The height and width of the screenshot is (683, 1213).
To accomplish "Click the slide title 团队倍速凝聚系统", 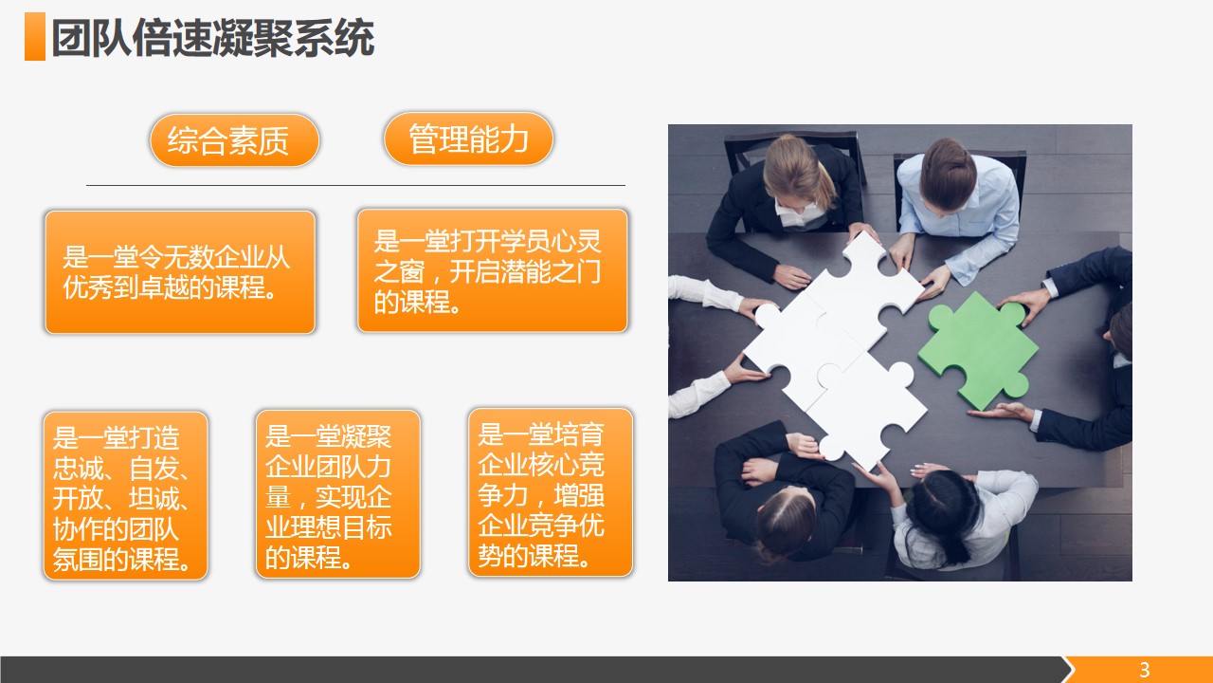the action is (x=213, y=38).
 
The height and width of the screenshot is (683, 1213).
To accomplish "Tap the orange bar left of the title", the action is (x=35, y=36).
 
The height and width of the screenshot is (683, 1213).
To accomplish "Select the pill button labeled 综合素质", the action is (x=234, y=140).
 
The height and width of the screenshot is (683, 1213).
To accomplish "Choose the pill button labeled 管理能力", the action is (x=468, y=138).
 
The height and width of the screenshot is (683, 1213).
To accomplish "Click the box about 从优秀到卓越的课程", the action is (x=180, y=272).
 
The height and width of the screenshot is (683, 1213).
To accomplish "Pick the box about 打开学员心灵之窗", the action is (x=492, y=270).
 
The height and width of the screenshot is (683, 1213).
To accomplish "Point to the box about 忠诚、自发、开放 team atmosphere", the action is (x=126, y=496).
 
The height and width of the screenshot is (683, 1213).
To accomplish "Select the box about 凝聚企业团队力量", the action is (x=338, y=494).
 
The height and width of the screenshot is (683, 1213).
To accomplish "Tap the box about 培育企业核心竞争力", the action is (x=551, y=492).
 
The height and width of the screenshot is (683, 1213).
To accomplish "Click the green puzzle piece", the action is (x=977, y=351).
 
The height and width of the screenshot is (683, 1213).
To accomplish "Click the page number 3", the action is (x=1144, y=670).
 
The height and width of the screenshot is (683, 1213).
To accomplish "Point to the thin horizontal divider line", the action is (x=355, y=185).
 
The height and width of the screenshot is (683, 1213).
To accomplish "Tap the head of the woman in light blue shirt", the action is (x=948, y=174).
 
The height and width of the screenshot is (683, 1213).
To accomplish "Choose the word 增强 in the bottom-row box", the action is (x=579, y=495).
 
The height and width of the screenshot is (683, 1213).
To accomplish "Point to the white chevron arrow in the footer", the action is (x=1068, y=670).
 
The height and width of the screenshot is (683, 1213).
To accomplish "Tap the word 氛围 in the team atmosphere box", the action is (x=78, y=559).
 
